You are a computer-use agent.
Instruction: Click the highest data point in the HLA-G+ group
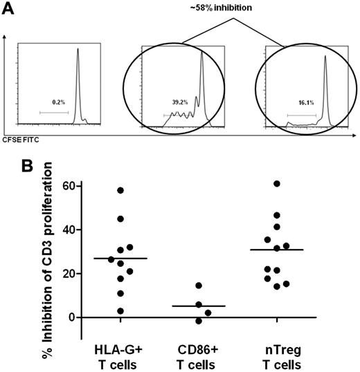[x=120, y=190]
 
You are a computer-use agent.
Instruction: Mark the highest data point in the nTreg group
[x=278, y=184]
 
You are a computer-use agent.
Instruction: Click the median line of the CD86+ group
[x=199, y=306]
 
